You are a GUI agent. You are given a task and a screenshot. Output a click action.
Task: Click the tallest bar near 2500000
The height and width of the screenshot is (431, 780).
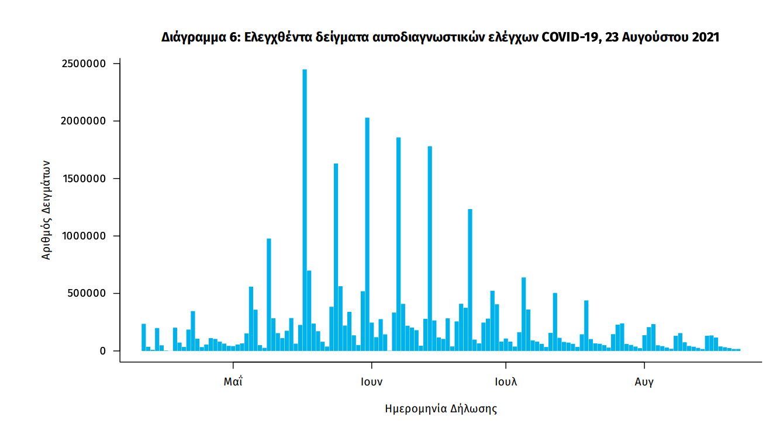pos(305,210)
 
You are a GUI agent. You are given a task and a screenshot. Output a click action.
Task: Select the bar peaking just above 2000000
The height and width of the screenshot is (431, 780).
pos(367,234)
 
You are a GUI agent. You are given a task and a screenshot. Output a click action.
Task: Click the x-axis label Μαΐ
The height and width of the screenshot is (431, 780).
pos(233,383)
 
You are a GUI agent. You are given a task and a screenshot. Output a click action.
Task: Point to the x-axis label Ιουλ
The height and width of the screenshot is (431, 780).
pos(506,383)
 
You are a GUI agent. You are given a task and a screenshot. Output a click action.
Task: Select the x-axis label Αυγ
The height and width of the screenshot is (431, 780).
pos(644,383)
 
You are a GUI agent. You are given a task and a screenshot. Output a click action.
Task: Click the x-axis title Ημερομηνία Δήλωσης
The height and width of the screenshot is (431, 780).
pos(441,408)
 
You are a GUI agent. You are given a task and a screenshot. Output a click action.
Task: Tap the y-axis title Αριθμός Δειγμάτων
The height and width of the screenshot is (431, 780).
pos(47,210)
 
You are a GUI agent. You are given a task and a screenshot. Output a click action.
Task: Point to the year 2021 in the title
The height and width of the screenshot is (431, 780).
pos(705,37)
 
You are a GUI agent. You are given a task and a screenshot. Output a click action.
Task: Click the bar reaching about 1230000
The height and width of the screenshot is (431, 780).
pos(470,280)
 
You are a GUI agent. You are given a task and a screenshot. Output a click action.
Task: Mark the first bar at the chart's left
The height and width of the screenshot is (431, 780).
pos(144,337)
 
